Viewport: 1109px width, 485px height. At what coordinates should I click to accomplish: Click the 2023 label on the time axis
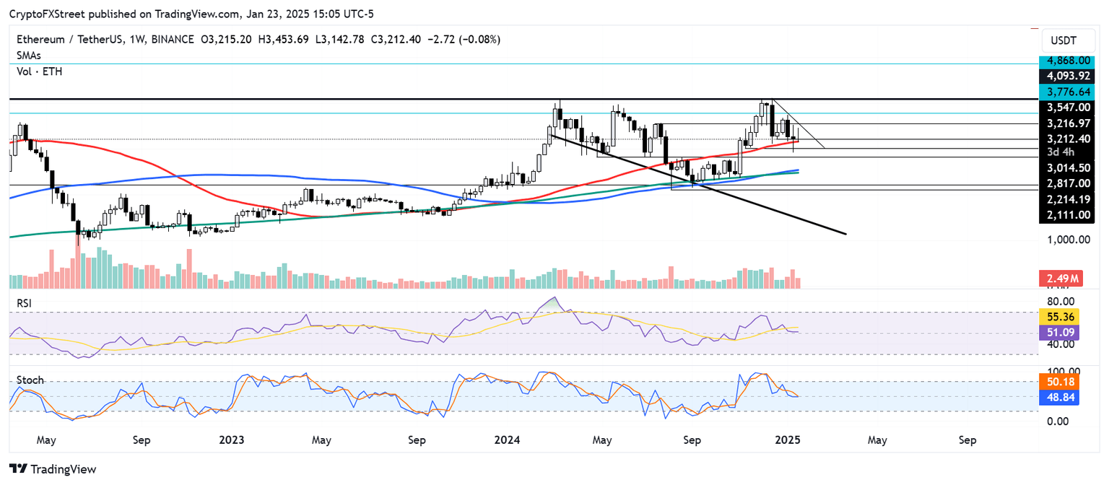point(232,440)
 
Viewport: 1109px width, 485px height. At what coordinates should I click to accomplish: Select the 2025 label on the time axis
point(785,440)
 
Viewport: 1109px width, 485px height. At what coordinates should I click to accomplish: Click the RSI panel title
point(25,303)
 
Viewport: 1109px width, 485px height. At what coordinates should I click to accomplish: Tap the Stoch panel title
point(30,380)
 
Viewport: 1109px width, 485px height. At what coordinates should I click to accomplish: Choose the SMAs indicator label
point(29,55)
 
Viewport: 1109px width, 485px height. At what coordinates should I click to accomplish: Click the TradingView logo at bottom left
point(53,469)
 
